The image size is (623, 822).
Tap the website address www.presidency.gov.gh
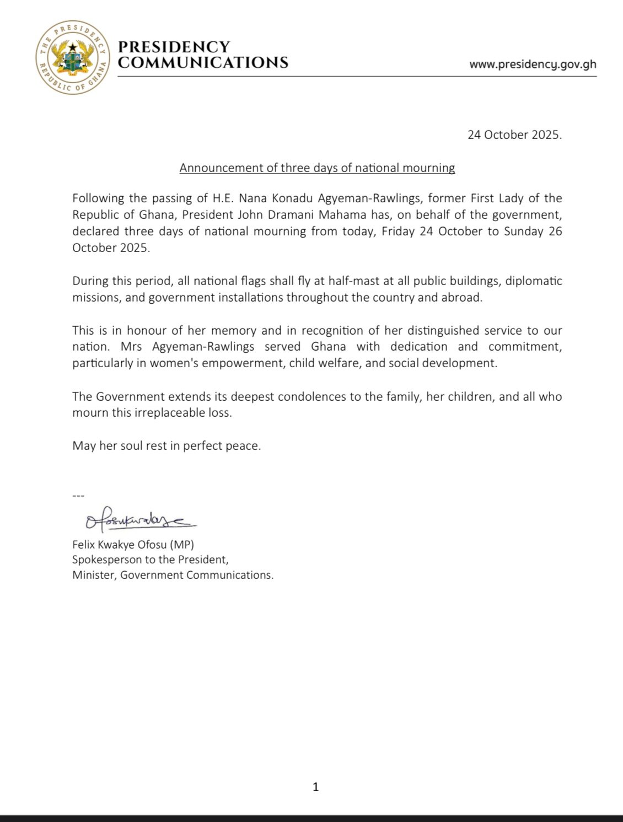[x=533, y=64]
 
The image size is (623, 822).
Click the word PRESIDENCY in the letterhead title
[x=174, y=47]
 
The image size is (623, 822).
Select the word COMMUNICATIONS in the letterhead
[x=203, y=62]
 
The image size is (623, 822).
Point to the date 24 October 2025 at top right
[x=514, y=135]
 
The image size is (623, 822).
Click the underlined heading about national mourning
[x=317, y=168]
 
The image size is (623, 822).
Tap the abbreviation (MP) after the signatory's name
[x=181, y=545]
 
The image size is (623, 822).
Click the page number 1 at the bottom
[x=315, y=787]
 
